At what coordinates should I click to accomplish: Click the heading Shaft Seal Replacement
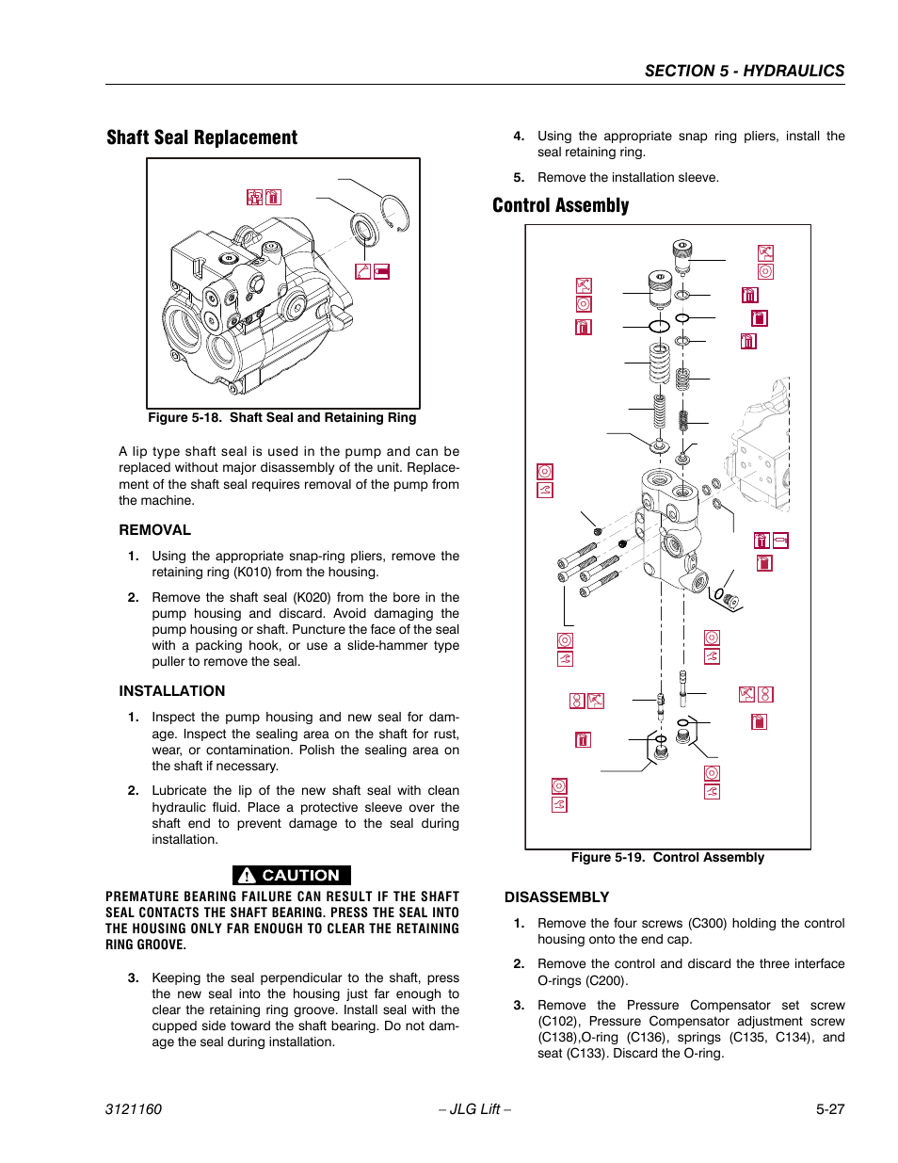[201, 137]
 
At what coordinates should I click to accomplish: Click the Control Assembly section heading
[560, 205]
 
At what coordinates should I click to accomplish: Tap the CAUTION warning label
[292, 875]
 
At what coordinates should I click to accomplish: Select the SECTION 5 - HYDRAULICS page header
[744, 71]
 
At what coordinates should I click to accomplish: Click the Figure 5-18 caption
[281, 417]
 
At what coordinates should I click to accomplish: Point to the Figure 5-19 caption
[667, 857]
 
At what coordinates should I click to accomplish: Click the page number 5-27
[829, 1108]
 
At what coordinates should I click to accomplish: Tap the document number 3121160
[133, 1108]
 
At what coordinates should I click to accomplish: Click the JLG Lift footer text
[474, 1108]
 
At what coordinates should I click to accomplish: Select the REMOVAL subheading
[154, 530]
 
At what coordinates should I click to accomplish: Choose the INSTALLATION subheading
[171, 691]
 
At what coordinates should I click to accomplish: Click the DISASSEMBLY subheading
[556, 897]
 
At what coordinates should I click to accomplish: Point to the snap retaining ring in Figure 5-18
[394, 212]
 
